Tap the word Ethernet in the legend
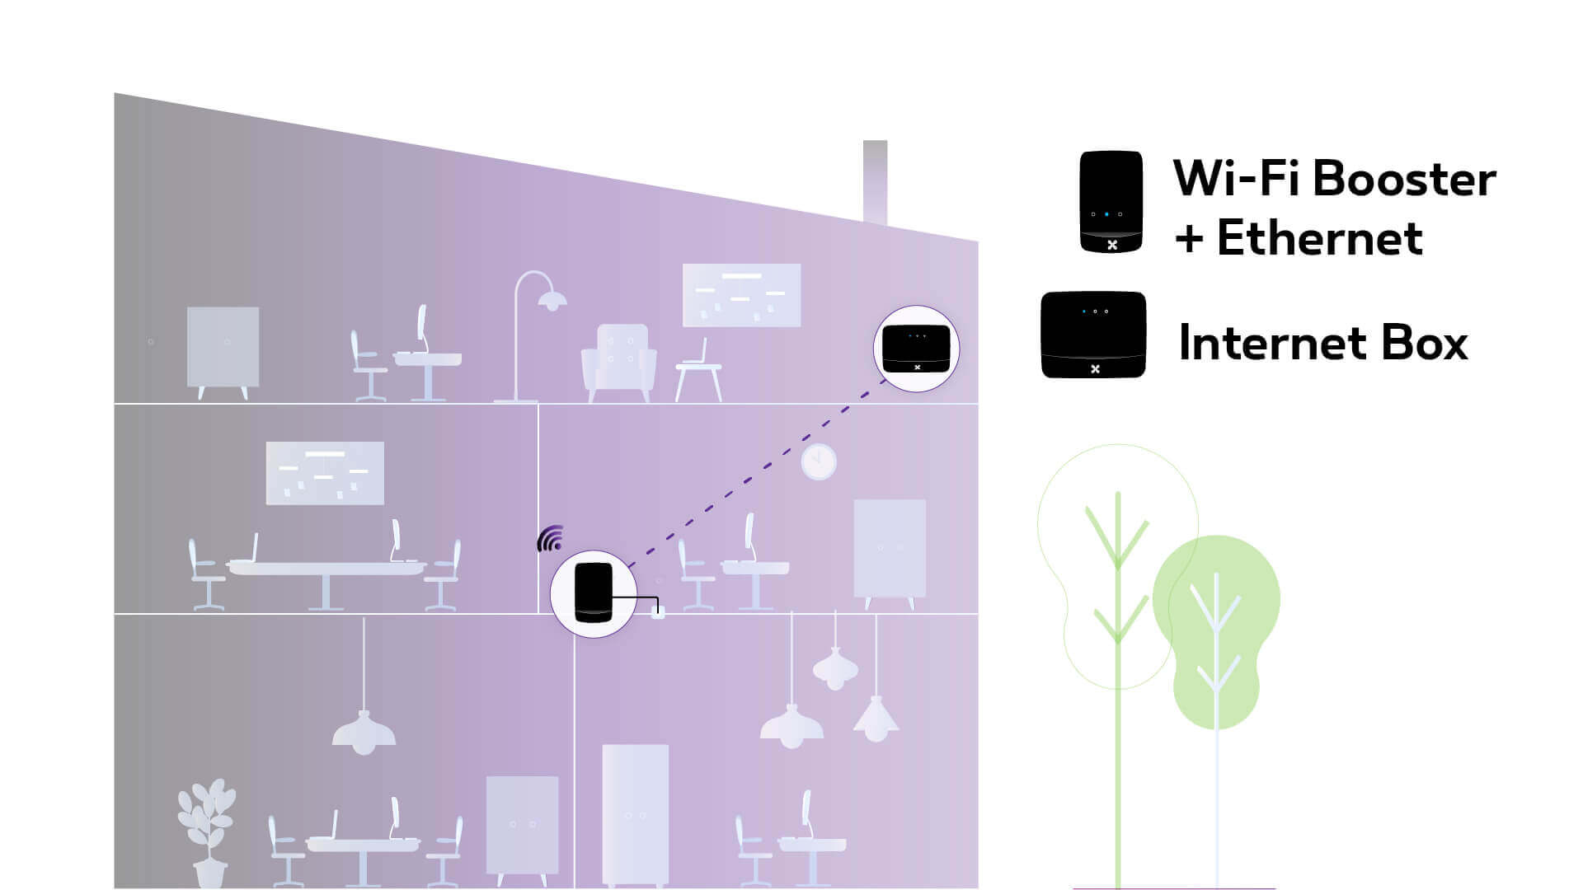[1319, 238]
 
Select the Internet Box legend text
[1322, 343]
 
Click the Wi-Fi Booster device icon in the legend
[1111, 202]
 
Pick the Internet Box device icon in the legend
[1093, 335]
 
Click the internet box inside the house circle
[916, 349]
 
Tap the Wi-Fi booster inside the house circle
[594, 592]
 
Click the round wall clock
[819, 462]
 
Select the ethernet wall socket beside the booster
[658, 612]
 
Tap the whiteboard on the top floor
[741, 295]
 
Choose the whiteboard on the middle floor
[325, 473]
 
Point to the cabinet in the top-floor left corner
[223, 349]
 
